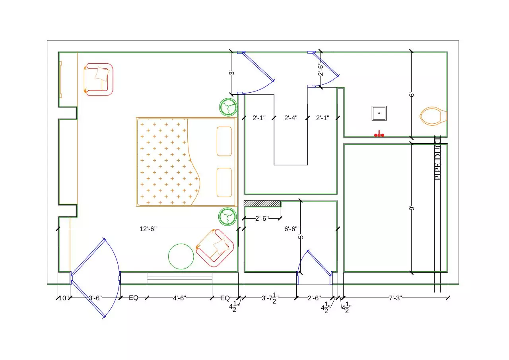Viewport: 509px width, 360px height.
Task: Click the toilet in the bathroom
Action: (433, 116)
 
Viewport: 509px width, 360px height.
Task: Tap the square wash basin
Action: (379, 113)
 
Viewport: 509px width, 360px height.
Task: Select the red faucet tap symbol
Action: (379, 134)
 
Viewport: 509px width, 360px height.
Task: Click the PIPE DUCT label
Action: (437, 158)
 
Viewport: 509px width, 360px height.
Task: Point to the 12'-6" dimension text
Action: (148, 229)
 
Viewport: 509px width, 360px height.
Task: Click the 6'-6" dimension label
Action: (291, 229)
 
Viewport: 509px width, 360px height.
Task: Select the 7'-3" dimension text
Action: (395, 298)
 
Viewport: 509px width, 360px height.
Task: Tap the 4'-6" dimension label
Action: (179, 298)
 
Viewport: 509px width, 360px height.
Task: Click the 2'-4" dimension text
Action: (291, 118)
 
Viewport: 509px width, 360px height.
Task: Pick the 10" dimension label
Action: (64, 298)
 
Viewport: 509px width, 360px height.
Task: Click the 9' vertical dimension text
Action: (412, 208)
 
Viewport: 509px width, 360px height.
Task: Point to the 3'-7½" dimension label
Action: (270, 298)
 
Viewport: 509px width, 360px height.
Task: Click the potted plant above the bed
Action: (228, 107)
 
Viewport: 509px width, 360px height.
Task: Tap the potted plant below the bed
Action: (227, 216)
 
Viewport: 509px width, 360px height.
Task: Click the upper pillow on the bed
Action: (224, 141)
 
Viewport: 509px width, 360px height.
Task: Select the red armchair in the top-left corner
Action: (98, 79)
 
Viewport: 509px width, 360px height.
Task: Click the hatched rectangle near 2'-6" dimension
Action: (262, 203)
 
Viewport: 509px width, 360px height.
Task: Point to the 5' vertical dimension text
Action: (301, 237)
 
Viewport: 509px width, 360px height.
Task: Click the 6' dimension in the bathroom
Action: (412, 95)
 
